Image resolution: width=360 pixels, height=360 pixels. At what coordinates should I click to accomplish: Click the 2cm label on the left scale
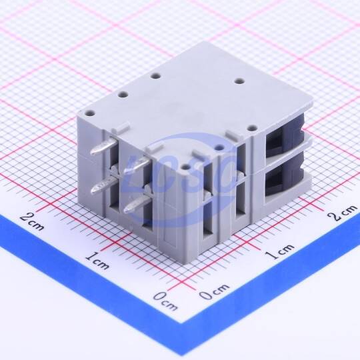(32, 221)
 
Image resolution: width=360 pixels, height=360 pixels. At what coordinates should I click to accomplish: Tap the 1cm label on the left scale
(97, 261)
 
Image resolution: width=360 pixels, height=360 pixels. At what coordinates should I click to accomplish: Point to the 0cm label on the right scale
(214, 291)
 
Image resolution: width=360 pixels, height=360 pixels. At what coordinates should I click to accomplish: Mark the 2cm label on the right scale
(341, 213)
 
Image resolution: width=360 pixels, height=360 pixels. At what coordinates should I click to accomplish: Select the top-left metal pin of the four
(104, 146)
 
